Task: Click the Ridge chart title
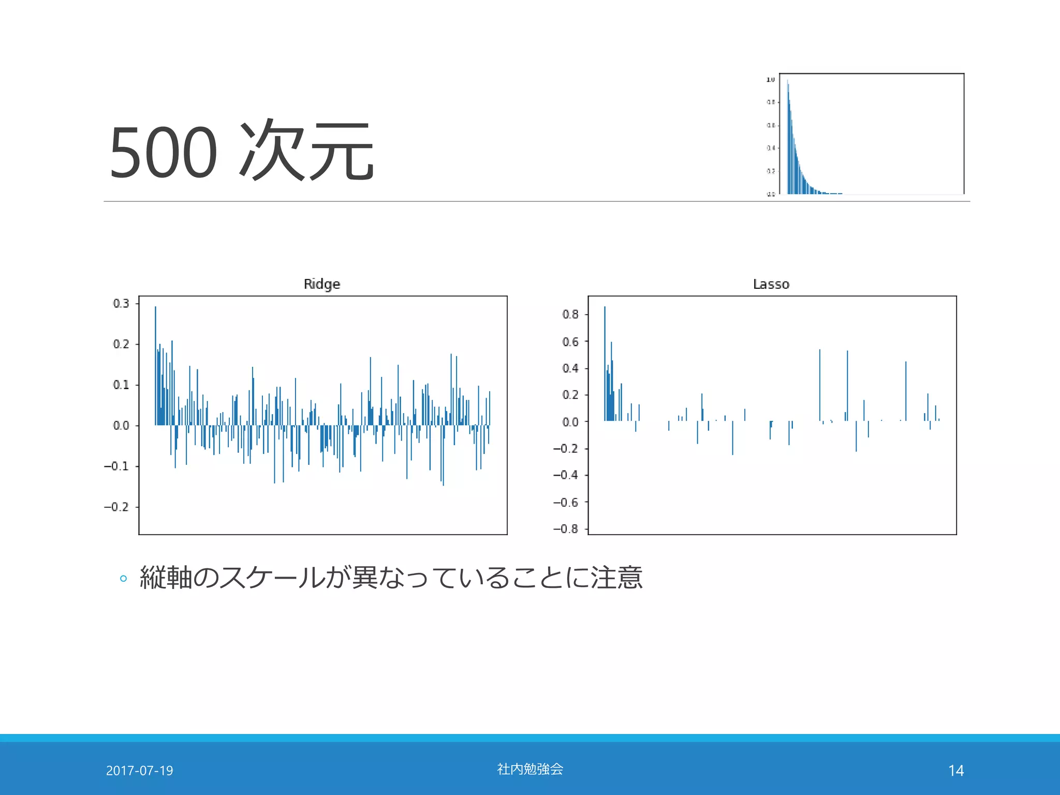(321, 284)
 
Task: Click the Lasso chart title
(771, 284)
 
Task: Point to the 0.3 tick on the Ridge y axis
(122, 303)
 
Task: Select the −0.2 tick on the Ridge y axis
(117, 507)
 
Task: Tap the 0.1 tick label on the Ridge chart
(122, 385)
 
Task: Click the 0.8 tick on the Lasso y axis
(571, 314)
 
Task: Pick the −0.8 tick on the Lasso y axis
(566, 528)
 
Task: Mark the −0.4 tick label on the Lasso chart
(566, 475)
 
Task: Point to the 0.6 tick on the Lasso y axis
(571, 342)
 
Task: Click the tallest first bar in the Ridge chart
(155, 362)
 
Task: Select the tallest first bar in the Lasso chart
(605, 362)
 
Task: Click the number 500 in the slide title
(164, 153)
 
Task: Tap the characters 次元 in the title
(306, 151)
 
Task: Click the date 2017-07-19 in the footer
(139, 771)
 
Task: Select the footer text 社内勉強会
(530, 769)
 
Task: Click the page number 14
(956, 771)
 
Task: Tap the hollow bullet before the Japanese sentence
(123, 579)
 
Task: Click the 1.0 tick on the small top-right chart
(770, 79)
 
